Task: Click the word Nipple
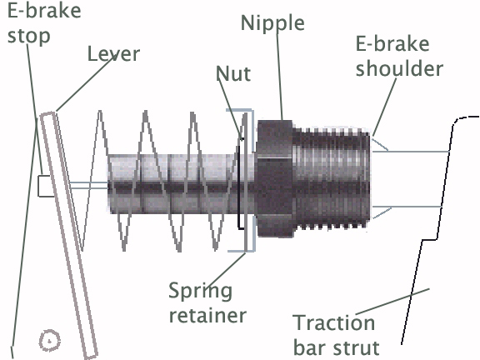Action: (272, 24)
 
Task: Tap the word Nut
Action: (233, 74)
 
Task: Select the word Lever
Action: (113, 54)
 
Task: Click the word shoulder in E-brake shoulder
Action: (399, 68)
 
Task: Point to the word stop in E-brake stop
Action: (29, 37)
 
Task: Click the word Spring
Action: (201, 292)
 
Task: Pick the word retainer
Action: (207, 315)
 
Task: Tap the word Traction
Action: (334, 322)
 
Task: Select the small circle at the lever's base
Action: (50, 340)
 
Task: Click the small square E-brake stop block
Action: (45, 186)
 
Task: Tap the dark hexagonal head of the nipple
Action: (275, 178)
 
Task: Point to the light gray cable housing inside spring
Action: (182, 184)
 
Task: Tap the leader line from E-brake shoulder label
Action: (384, 107)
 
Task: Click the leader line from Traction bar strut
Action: (392, 302)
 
